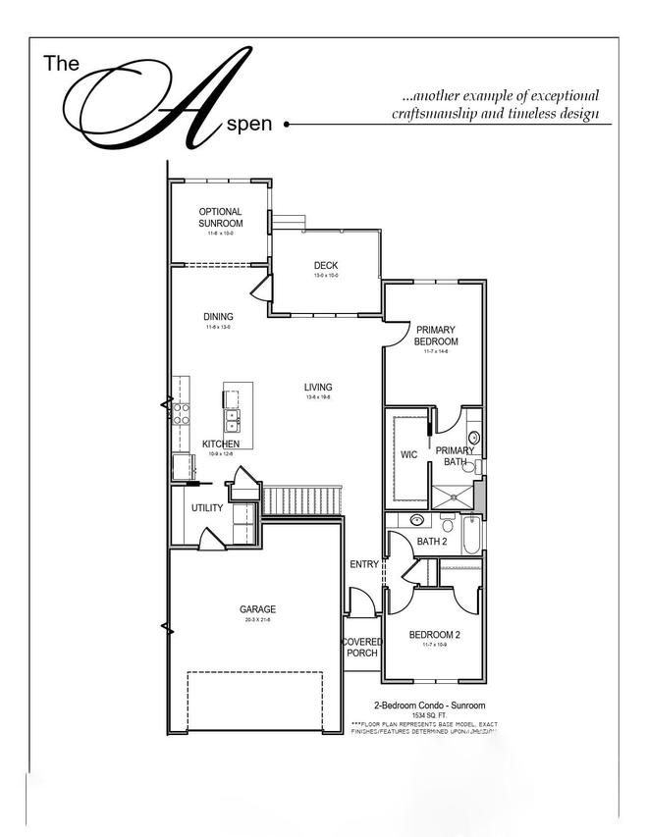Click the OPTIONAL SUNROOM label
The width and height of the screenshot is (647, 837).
[220, 217]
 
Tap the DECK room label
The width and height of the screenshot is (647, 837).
[325, 266]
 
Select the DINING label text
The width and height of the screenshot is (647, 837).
[218, 316]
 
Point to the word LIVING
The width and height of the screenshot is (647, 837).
[318, 387]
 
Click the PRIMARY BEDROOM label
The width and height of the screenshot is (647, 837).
[436, 335]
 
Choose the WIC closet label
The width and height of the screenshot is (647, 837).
[408, 454]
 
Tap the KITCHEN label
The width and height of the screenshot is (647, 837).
[221, 444]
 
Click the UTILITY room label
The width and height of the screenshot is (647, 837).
[207, 508]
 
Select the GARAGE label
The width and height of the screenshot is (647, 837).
[257, 609]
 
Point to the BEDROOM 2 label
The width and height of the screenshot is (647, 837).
[434, 635]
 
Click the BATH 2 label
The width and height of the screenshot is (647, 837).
[432, 541]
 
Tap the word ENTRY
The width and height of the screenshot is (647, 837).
[363, 564]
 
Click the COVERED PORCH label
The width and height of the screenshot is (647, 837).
[361, 648]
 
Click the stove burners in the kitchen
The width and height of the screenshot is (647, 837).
[181, 412]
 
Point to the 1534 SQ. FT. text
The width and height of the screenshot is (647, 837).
[429, 715]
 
